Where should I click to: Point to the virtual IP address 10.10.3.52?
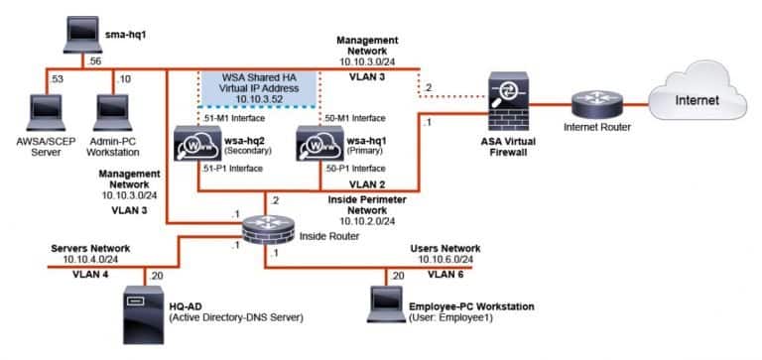pyautogui.click(x=257, y=100)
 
